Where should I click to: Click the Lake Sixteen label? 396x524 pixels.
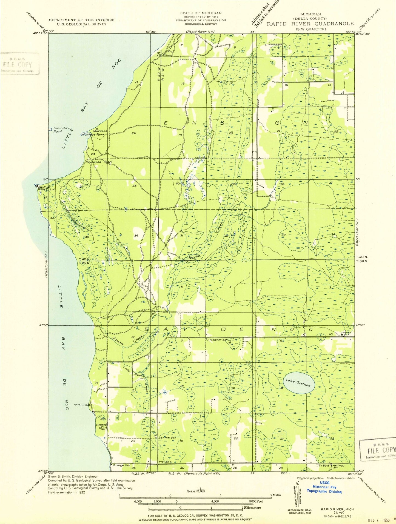pos(298,383)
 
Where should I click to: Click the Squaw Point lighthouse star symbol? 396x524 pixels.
pos(36,186)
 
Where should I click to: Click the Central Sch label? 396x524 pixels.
pos(167,438)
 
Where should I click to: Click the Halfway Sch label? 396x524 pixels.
pos(339,466)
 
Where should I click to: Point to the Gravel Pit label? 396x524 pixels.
pos(346,333)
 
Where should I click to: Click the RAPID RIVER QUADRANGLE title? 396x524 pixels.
pos(310,24)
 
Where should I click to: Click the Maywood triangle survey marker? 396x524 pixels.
pos(97,128)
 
